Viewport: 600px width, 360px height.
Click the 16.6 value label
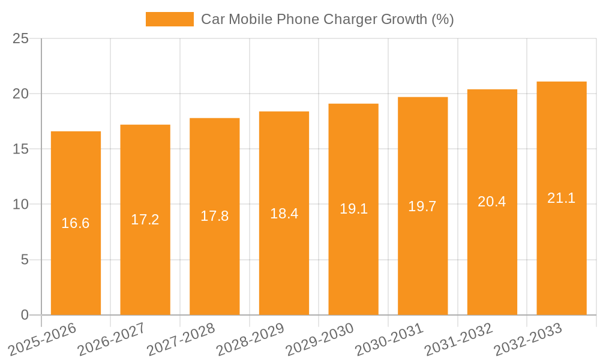[76, 223]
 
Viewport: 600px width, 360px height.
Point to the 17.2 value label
[145, 220]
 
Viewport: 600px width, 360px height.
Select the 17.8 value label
[214, 216]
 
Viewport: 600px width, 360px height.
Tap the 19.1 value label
[353, 209]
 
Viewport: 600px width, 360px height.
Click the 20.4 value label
[492, 202]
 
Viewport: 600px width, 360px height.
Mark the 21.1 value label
[561, 198]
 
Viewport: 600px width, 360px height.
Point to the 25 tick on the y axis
[21, 38]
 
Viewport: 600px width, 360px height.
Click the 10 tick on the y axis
[21, 205]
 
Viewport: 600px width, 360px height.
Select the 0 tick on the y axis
[25, 315]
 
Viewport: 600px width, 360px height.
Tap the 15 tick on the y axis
[21, 149]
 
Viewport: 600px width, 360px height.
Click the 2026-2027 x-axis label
[111, 339]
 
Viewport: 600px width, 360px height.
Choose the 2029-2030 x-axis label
[319, 339]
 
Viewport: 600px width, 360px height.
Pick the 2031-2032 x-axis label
[458, 339]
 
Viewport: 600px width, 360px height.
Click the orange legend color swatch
[170, 19]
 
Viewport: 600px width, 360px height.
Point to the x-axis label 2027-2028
[181, 339]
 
